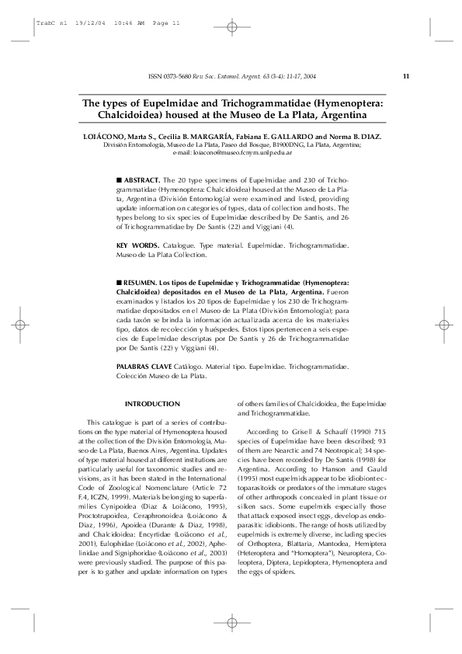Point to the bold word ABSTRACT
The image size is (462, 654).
(141, 178)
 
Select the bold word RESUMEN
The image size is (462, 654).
(140, 285)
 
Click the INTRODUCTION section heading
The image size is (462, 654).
(152, 404)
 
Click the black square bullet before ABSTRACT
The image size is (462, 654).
(118, 178)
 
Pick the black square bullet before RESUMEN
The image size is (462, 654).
(118, 285)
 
